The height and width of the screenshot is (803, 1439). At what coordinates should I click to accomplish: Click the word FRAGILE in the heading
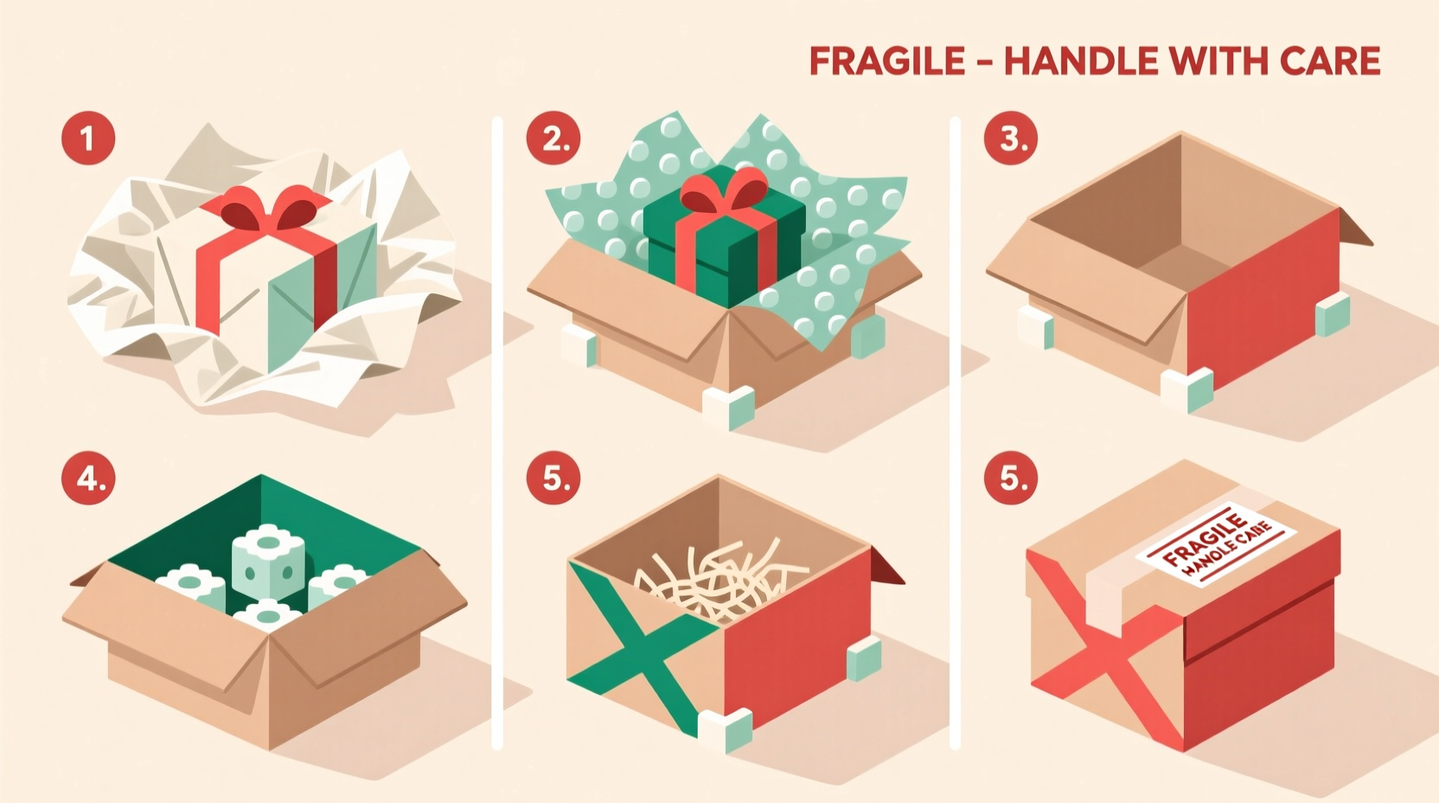click(x=886, y=61)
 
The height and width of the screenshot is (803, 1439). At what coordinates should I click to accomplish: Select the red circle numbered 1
click(x=88, y=138)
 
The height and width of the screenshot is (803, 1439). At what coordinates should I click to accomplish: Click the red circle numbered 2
click(x=553, y=138)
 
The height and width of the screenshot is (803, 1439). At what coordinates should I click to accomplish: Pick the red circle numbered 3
click(x=1011, y=138)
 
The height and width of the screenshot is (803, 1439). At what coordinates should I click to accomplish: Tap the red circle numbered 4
click(x=88, y=477)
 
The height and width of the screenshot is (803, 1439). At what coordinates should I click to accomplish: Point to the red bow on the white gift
click(x=270, y=210)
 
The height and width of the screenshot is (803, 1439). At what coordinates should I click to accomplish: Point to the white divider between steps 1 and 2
click(x=497, y=433)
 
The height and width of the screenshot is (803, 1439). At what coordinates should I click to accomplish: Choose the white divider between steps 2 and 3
click(x=955, y=433)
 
